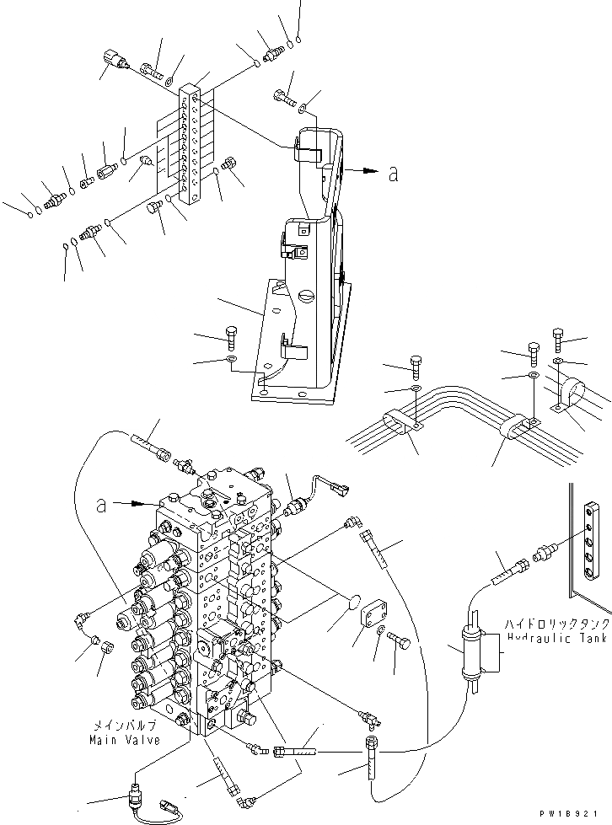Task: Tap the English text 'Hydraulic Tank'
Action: [556, 639]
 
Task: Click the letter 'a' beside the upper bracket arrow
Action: [393, 174]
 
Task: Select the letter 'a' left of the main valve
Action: [101, 506]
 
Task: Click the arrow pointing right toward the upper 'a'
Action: [362, 170]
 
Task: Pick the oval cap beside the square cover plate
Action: [353, 607]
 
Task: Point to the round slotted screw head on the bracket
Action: [306, 297]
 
